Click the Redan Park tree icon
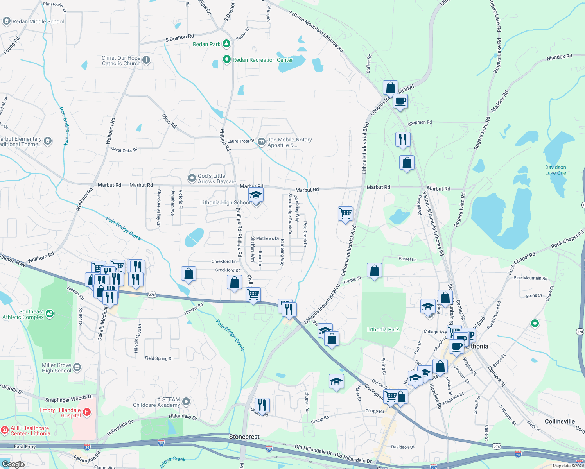coord(226,43)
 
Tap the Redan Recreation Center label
coord(262,60)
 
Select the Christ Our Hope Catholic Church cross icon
coord(146,60)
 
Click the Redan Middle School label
coord(38,21)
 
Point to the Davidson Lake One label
coord(555,170)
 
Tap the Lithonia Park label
coord(383,329)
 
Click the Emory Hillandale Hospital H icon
coord(87,412)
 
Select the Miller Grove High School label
coord(56,368)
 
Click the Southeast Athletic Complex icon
coord(50,313)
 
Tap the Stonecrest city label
coord(244,437)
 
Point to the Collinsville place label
coord(560,421)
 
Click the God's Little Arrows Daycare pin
coord(192,178)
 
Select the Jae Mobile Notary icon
coord(261,140)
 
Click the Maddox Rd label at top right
coord(559,57)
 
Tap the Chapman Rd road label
coord(420,122)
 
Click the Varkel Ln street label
coord(407,259)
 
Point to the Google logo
coord(13,464)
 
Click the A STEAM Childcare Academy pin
coord(186,402)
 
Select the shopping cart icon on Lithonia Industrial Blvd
coord(345,214)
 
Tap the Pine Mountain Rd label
coord(530,278)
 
